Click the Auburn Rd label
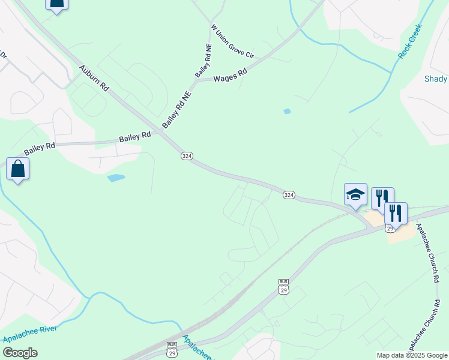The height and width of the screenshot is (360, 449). (94, 78)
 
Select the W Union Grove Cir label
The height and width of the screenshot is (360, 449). (232, 41)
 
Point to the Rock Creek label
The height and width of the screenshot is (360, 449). (410, 41)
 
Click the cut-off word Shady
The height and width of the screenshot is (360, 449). (436, 79)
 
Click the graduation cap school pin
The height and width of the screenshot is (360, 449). (355, 195)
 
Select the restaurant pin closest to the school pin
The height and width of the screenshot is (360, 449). (382, 198)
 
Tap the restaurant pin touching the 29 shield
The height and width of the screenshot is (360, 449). (396, 213)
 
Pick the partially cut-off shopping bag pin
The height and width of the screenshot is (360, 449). (56, 4)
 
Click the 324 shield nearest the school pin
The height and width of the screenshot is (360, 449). (289, 194)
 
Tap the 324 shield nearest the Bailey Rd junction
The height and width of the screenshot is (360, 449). (187, 155)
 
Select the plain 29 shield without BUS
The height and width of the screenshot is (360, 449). (390, 228)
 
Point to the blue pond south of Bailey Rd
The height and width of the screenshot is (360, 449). (116, 178)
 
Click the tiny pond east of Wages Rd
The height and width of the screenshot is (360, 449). (287, 111)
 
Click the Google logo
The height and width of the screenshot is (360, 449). (20, 353)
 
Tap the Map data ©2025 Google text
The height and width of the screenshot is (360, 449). (411, 355)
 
